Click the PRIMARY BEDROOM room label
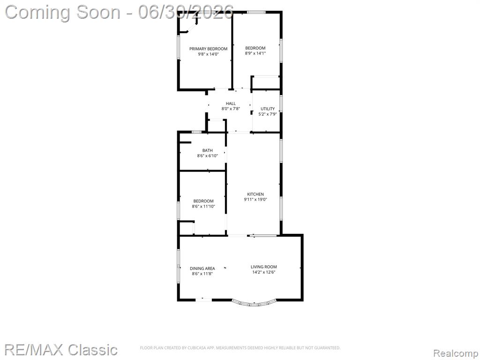coord(208,49)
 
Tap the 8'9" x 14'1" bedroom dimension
coord(255,53)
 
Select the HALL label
coord(231,104)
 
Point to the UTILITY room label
coord(268,109)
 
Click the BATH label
coord(207,150)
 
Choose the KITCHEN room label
coord(255,194)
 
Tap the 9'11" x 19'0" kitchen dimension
coord(255,199)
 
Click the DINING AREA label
coord(202,269)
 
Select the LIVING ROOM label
coord(263,267)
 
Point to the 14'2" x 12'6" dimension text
coord(263,272)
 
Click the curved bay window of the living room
coord(254,304)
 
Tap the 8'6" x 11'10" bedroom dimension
coord(203,206)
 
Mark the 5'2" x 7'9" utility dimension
coord(268,114)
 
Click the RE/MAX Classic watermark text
coord(61,350)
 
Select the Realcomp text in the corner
coord(456,353)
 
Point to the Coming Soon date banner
coord(120,12)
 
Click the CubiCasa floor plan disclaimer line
coord(240,348)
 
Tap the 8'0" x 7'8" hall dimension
coord(231,109)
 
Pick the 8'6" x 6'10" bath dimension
coord(207,156)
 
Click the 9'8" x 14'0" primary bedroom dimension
coord(208,54)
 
